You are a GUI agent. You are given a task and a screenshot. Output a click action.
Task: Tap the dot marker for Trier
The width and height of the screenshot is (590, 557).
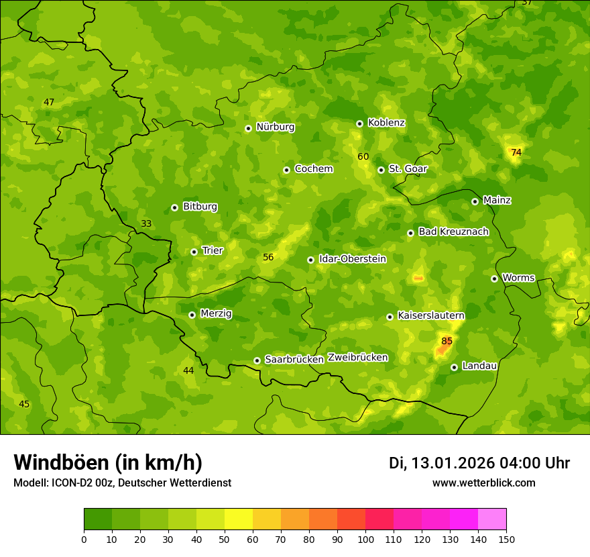194,252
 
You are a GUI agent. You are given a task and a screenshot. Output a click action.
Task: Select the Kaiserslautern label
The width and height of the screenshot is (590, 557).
430,315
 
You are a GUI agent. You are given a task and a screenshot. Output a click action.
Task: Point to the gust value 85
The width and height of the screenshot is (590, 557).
447,342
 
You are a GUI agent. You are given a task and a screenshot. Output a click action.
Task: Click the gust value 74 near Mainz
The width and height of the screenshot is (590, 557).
516,152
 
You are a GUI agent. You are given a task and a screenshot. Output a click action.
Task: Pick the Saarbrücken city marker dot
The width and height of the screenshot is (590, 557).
257,360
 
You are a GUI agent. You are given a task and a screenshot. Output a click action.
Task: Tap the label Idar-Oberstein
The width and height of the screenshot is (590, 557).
352,259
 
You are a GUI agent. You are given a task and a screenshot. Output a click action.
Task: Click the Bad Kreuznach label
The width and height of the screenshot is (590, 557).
453,232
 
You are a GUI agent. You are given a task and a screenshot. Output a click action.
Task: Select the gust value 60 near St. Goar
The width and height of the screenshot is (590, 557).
363,156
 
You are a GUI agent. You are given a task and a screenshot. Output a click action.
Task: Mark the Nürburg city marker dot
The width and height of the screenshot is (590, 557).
248,128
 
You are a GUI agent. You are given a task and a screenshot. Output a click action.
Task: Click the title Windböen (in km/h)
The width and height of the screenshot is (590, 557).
108,462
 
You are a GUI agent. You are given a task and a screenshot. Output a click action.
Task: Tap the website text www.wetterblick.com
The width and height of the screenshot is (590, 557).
483,483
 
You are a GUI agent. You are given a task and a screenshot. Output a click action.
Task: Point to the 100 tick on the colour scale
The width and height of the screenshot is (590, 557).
365,539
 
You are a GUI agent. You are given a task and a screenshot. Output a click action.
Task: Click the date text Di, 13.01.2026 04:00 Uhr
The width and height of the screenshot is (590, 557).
479,463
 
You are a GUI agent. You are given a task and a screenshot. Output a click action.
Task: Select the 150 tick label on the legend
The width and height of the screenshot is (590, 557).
506,539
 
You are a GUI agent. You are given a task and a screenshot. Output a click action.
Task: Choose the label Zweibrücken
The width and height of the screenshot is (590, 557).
357,358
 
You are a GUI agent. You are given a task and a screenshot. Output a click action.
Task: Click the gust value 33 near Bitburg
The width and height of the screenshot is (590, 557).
146,223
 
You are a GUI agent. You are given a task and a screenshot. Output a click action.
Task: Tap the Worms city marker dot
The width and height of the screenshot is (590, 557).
494,278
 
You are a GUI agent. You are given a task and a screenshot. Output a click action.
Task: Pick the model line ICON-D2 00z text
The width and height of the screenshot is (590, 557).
122,483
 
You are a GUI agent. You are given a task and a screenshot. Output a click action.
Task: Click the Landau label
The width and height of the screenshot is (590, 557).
479,366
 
